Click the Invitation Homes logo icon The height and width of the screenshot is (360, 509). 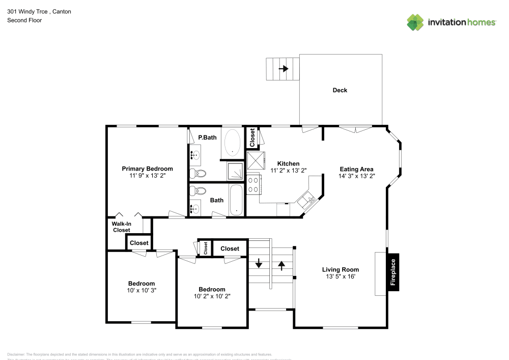point(415,22)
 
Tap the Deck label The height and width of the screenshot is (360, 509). point(340,90)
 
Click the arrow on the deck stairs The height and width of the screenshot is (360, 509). point(284,69)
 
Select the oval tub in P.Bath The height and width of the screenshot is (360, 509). point(233,143)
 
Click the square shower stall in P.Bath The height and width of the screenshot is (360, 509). point(235,172)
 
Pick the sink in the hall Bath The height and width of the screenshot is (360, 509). point(194,208)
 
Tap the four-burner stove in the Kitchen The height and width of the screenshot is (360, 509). point(253,184)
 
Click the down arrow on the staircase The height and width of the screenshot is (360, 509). point(259,264)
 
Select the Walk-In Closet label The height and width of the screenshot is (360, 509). point(121,227)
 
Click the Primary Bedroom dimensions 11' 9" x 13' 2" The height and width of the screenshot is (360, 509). point(147,175)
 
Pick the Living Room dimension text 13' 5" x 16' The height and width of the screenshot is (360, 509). point(340,276)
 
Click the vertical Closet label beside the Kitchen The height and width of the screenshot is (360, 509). point(252,137)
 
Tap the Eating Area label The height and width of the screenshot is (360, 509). point(356,169)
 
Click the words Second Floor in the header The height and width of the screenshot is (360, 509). point(24,20)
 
